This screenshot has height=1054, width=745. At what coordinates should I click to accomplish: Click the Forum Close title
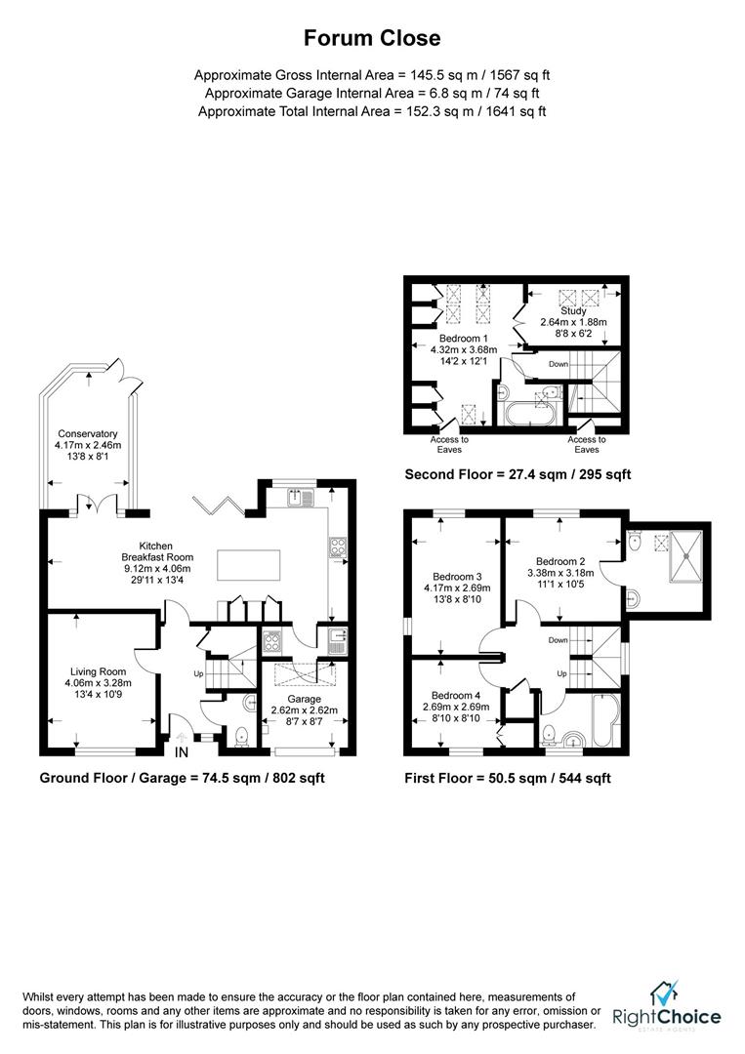372,38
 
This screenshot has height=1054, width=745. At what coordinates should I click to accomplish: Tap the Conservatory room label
87,434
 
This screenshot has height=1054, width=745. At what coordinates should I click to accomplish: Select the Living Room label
99,670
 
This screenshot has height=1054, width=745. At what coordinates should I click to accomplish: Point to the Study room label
573,311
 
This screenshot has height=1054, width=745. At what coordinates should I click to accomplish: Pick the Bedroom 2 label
560,561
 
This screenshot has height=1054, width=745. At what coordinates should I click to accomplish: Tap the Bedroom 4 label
455,695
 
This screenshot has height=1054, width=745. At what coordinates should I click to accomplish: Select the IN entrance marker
183,752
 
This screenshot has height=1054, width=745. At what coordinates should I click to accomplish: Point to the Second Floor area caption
517,474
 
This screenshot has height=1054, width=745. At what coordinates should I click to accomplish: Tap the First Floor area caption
507,778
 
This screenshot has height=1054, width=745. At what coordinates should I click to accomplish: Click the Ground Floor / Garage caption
182,778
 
